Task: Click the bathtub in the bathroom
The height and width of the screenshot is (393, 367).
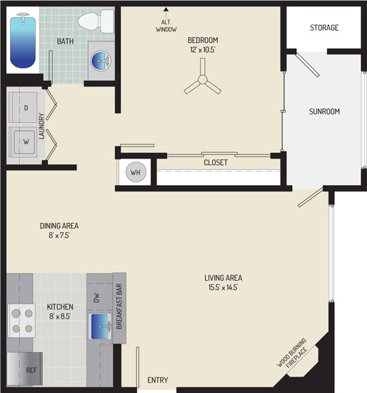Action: coord(23,40)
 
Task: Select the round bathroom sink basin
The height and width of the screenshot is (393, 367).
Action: coord(101,61)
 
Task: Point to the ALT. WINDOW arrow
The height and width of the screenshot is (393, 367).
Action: coord(166,13)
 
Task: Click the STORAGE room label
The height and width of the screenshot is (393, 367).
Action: coord(324,28)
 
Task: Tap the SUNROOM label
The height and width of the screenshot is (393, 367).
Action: coord(324,111)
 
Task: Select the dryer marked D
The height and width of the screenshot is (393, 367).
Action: coord(23,107)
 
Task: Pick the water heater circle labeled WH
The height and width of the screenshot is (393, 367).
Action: coord(136,172)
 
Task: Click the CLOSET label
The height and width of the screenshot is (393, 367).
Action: coord(216,162)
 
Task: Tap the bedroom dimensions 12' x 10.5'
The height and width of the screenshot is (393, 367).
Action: coord(203,49)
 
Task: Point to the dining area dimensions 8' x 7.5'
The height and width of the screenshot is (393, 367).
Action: coord(59,235)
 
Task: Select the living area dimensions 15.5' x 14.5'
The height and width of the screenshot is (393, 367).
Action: coord(223,287)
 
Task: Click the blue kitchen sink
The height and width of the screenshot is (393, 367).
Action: coord(100,327)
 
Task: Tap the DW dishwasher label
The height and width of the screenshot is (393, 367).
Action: coord(96,298)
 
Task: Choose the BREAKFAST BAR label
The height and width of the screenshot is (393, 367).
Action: coord(119,307)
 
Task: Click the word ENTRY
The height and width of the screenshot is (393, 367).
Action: coord(158,380)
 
